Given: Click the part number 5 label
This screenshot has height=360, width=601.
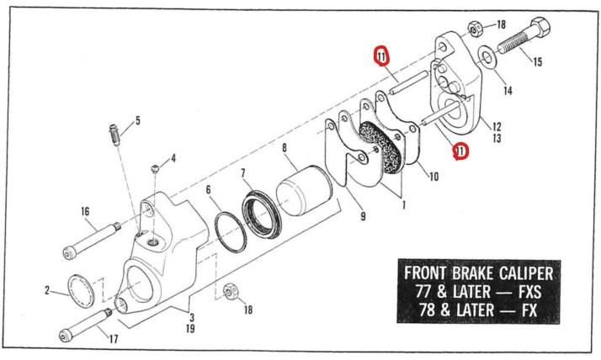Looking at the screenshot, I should (138, 120).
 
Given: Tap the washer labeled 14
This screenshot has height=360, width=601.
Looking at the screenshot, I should (487, 58).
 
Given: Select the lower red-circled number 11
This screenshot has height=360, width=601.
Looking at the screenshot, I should (460, 151).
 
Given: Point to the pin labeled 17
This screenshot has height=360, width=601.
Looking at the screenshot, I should (87, 326).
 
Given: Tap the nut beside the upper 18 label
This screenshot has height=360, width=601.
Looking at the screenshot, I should (475, 29).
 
